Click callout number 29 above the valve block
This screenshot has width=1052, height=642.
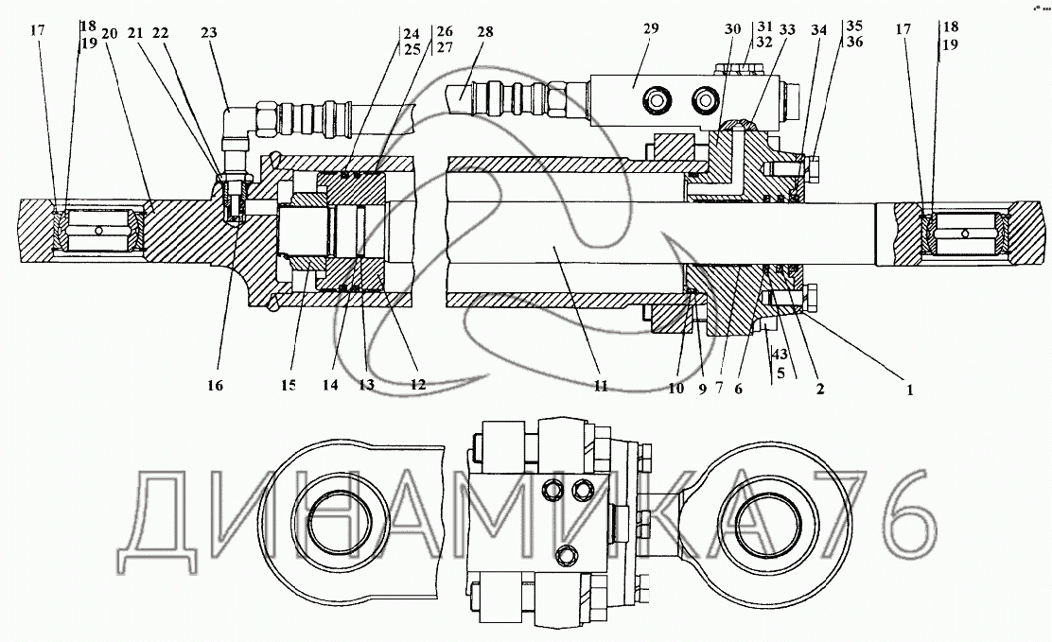pyautogui.click(x=651, y=29)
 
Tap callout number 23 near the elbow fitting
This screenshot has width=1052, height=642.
pyautogui.click(x=209, y=33)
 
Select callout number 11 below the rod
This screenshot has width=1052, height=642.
pyautogui.click(x=601, y=386)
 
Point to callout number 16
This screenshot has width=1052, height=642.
pyautogui.click(x=215, y=386)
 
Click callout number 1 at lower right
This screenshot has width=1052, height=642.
pyautogui.click(x=910, y=390)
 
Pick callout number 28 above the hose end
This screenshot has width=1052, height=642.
pyautogui.click(x=485, y=32)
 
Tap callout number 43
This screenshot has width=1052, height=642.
pyautogui.click(x=780, y=355)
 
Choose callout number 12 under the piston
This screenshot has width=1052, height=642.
pyautogui.click(x=418, y=385)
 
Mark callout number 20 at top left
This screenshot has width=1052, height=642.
pyautogui.click(x=110, y=34)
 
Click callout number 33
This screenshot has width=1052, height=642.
pyautogui.click(x=787, y=30)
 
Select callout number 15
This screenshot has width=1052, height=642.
pyautogui.click(x=289, y=386)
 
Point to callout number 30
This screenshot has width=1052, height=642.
pyautogui.click(x=732, y=29)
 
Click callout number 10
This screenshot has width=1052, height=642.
pyautogui.click(x=675, y=389)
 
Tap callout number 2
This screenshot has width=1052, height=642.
pyautogui.click(x=820, y=389)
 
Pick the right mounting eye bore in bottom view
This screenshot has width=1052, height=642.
pyautogui.click(x=777, y=520)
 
